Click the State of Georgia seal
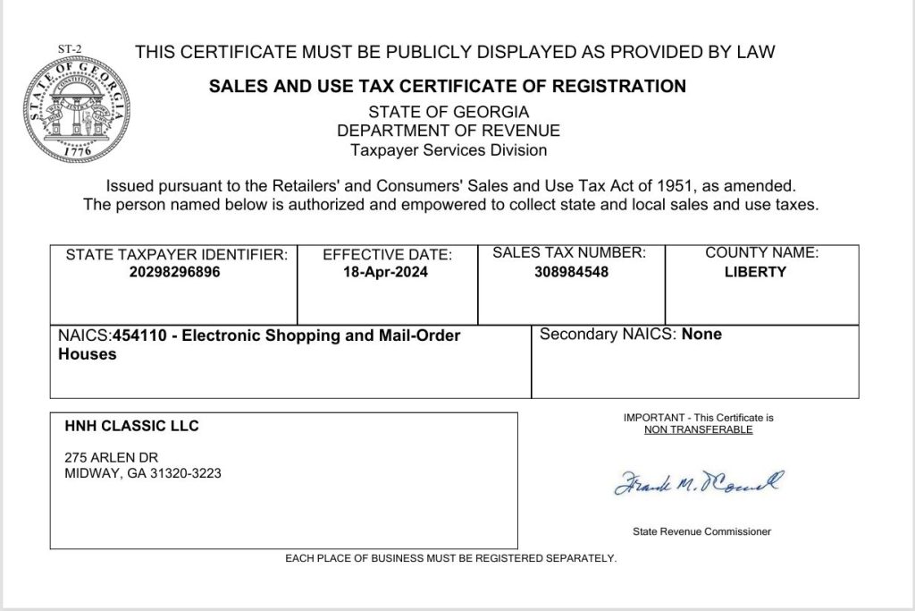(x=75, y=110)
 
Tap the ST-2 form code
(x=69, y=49)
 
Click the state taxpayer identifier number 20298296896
(x=174, y=272)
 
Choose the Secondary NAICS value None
(x=701, y=335)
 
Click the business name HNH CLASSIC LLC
(x=131, y=426)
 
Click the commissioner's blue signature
(x=698, y=483)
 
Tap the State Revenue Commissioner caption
(x=701, y=531)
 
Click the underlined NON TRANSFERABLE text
(x=698, y=429)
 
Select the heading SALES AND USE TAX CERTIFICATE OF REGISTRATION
(x=447, y=87)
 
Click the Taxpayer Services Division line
(x=449, y=150)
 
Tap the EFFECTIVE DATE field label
(x=387, y=255)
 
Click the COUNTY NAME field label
(x=761, y=253)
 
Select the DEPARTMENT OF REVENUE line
(x=449, y=131)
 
